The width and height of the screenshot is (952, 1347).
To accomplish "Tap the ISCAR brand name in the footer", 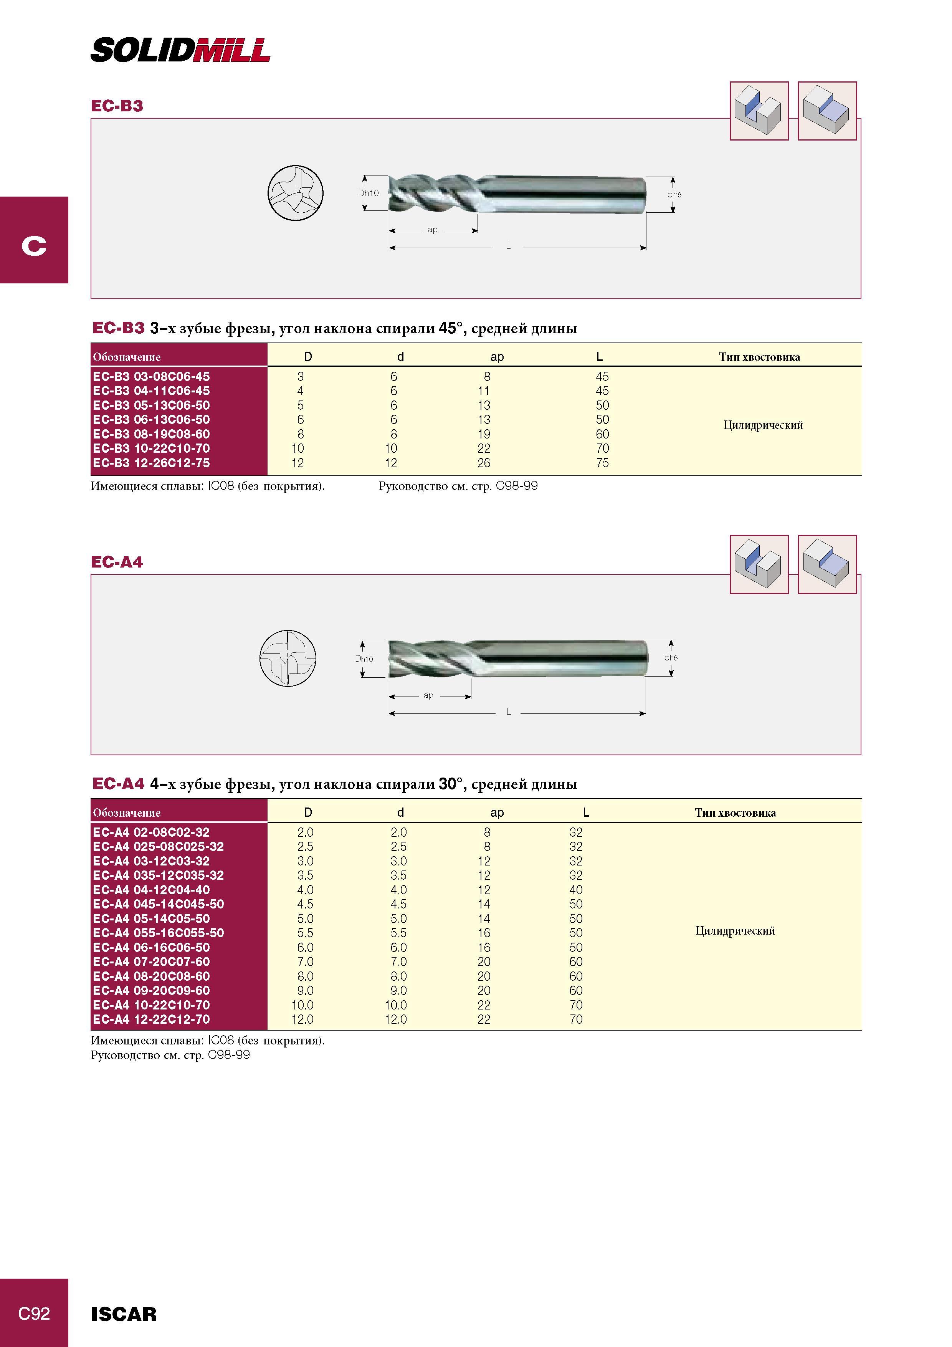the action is [x=124, y=1314].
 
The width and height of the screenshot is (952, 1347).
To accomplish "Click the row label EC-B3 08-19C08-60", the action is [x=151, y=434].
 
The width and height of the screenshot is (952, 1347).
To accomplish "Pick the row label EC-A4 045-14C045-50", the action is [x=159, y=904].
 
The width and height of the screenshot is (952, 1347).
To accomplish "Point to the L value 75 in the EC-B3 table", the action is [x=602, y=463].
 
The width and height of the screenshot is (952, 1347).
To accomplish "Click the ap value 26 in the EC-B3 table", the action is [x=484, y=463].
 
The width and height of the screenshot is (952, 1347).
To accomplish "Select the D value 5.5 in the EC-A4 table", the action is [x=305, y=933].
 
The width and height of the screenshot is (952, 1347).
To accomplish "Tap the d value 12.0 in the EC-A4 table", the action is [x=396, y=1019].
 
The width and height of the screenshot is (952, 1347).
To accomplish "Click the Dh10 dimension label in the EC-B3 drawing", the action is [x=369, y=193].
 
